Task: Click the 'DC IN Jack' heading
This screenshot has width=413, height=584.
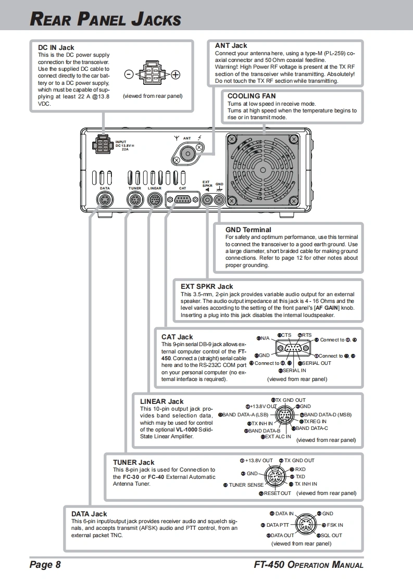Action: [x=56, y=48]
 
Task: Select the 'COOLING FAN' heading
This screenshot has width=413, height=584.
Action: [x=252, y=96]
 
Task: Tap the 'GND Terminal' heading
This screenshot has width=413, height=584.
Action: [x=248, y=230]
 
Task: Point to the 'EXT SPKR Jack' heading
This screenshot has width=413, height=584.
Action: [x=207, y=286]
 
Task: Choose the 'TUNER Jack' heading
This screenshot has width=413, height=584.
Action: [x=134, y=462]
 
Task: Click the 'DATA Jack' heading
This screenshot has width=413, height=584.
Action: [x=89, y=514]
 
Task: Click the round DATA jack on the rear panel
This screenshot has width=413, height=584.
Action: [x=105, y=199]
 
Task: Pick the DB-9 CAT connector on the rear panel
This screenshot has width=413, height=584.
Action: [x=182, y=199]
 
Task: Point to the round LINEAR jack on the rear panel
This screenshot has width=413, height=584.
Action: [x=154, y=199]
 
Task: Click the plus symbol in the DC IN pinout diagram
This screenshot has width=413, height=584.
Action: [x=176, y=74]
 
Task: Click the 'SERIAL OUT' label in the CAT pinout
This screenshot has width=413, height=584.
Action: [x=316, y=363]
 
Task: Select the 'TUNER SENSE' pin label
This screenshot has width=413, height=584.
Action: [x=246, y=485]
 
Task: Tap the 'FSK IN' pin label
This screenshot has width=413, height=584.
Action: [x=335, y=525]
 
